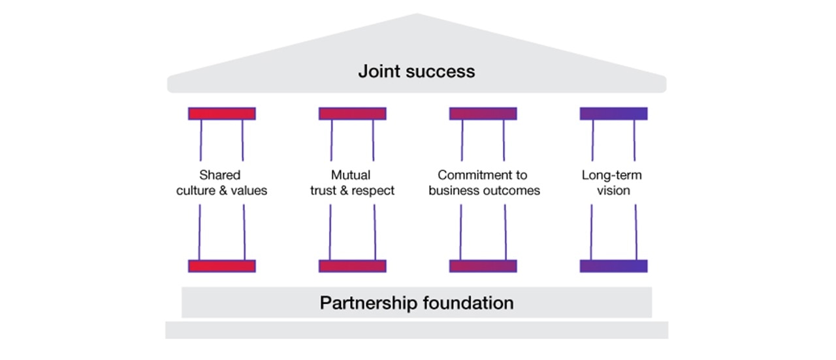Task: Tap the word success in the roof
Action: click(441, 71)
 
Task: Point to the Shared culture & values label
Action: click(221, 183)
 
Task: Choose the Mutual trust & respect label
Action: click(352, 183)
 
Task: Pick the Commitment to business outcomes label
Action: click(483, 183)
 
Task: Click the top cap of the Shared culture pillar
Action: click(222, 114)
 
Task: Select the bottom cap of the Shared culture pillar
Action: click(222, 266)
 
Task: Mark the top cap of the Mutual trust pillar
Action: click(352, 114)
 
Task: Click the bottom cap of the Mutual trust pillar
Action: click(352, 266)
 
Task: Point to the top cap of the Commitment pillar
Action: click(483, 114)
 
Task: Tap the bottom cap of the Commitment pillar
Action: click(483, 266)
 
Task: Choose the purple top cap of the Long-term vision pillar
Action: click(613, 114)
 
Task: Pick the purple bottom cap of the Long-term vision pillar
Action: click(613, 266)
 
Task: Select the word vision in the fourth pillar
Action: click(613, 191)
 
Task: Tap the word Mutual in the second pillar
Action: click(351, 175)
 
